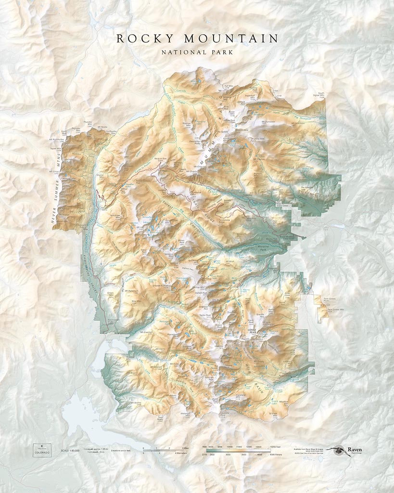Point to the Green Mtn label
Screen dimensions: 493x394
(111, 293)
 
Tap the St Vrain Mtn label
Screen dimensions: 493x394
(273, 413)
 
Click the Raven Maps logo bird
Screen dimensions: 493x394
(337, 450)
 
